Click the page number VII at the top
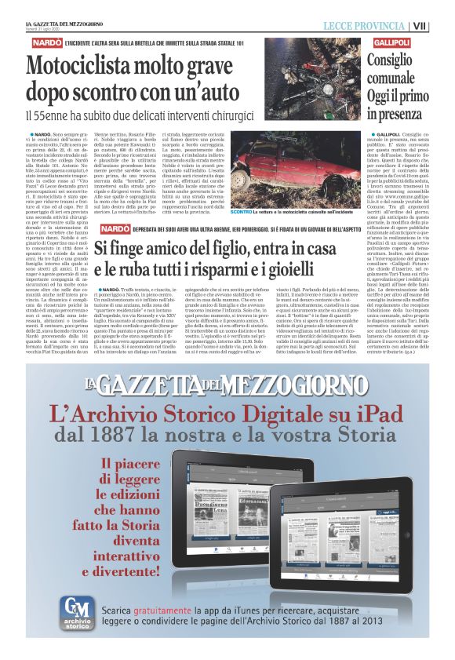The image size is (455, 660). (442, 26)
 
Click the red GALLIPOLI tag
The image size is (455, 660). (391, 39)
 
